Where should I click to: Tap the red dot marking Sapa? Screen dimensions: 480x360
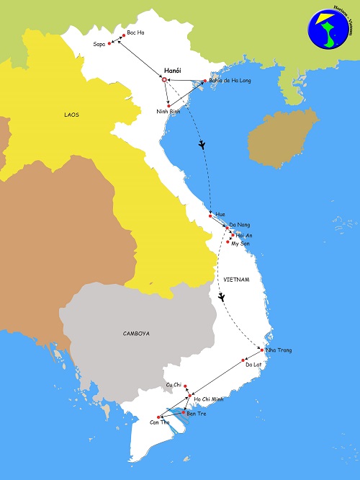pos(109,44)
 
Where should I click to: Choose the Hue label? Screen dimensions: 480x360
pos(220,215)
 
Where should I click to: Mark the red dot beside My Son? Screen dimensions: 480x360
pos(228,242)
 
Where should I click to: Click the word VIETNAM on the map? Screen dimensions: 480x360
pos(236,279)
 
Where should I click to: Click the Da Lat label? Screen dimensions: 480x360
pos(253,365)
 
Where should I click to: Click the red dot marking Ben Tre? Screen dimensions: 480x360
pos(184,412)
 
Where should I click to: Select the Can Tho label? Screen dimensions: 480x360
pos(159,423)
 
